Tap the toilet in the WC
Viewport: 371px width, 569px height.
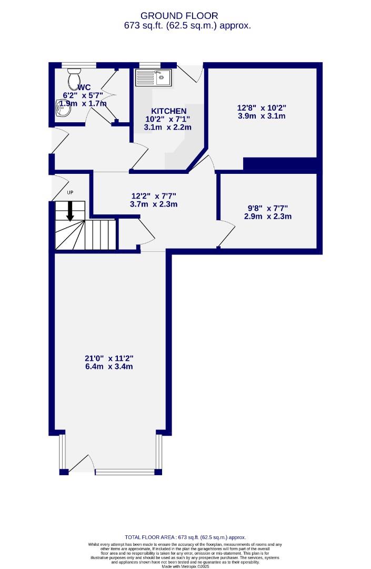[x=73, y=79]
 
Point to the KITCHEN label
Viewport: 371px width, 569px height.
[x=168, y=111]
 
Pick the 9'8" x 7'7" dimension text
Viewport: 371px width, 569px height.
[x=267, y=208]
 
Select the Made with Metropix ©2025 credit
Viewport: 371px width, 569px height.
[x=185, y=566]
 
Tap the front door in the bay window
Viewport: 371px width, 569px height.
[x=83, y=463]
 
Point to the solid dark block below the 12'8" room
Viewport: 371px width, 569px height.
[x=282, y=164]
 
